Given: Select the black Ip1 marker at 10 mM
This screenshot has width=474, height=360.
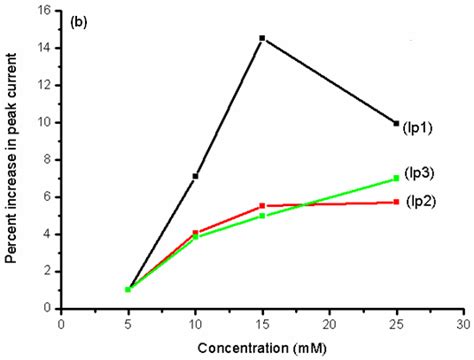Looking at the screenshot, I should pyautogui.click(x=195, y=176).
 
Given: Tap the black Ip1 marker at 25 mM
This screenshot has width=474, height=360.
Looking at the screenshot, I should pyautogui.click(x=397, y=123).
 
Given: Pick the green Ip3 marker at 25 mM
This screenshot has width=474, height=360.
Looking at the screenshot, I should pyautogui.click(x=397, y=178).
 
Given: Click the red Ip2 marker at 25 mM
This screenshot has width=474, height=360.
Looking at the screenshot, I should pyautogui.click(x=397, y=202).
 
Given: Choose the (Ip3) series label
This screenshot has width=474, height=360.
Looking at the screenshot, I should pyautogui.click(x=420, y=174).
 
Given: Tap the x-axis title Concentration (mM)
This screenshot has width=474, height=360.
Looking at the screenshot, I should pyautogui.click(x=262, y=349).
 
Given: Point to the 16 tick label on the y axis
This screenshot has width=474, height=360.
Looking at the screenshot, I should pyautogui.click(x=43, y=11).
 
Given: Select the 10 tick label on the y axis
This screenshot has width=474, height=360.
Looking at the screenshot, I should pyautogui.click(x=43, y=123).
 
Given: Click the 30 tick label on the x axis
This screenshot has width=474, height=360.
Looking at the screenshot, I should pyautogui.click(x=464, y=324).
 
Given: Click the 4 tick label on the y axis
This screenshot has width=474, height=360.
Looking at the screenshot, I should pyautogui.click(x=46, y=234).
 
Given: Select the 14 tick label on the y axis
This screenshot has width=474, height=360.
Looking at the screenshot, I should pyautogui.click(x=43, y=48).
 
